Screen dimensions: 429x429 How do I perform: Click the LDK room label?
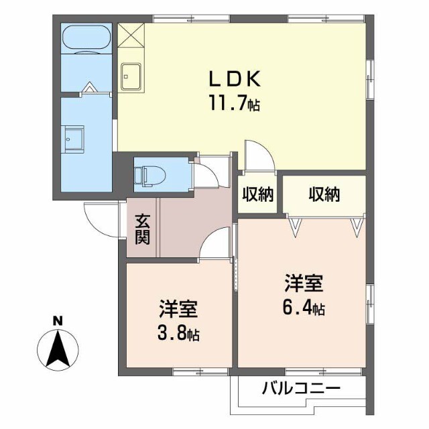[x=234, y=79]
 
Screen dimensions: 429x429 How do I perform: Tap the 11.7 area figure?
[x=235, y=103]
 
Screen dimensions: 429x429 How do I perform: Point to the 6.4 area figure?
[x=304, y=308]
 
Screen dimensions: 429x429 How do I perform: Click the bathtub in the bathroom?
[x=86, y=38]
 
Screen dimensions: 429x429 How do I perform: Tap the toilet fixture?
[x=150, y=175]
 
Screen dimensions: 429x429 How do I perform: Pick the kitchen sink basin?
[x=131, y=76]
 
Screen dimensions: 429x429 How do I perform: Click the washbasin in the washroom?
[x=72, y=139]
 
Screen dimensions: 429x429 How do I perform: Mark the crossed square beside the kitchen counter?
[x=131, y=36]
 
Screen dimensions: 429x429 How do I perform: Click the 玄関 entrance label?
[x=142, y=229]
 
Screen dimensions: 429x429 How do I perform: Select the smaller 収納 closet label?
[x=258, y=195]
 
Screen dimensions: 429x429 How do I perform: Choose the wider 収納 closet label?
[x=324, y=195]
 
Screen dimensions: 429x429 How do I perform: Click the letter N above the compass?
[x=58, y=321]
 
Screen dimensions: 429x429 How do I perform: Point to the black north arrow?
[x=58, y=349]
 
